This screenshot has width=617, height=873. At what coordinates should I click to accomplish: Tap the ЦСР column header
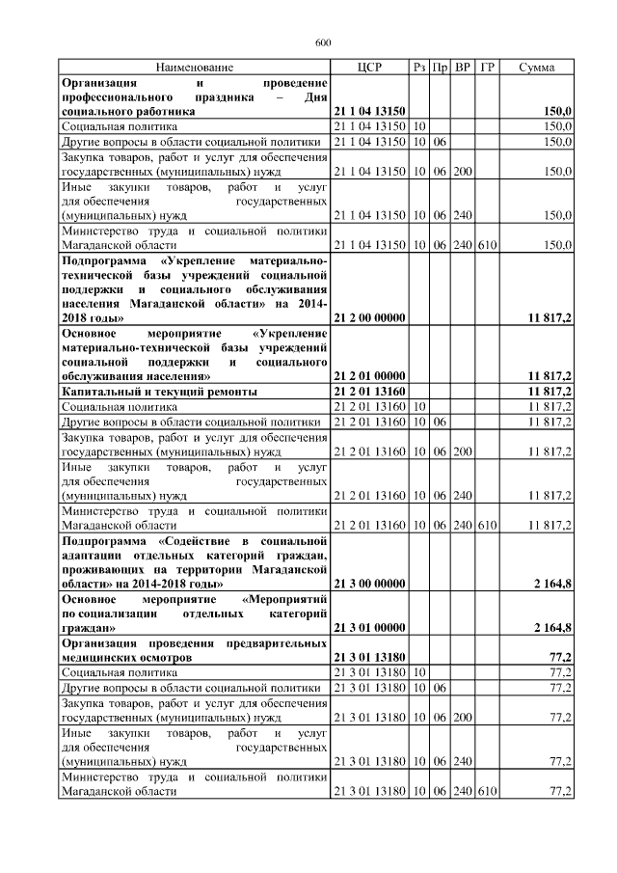tap(369, 68)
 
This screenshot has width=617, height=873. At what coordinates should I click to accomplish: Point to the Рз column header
tap(419, 68)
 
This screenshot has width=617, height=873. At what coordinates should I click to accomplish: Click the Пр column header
tap(440, 68)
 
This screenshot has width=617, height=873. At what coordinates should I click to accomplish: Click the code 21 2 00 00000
tap(368, 316)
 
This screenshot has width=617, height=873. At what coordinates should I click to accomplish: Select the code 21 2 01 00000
tap(368, 375)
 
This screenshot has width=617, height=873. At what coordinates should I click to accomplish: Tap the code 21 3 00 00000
tap(368, 585)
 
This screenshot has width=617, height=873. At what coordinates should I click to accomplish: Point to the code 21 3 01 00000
tap(368, 628)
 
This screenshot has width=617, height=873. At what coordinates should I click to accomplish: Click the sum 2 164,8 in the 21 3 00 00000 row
tap(553, 585)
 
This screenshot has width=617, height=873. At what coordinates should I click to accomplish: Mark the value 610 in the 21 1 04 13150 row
tap(488, 245)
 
